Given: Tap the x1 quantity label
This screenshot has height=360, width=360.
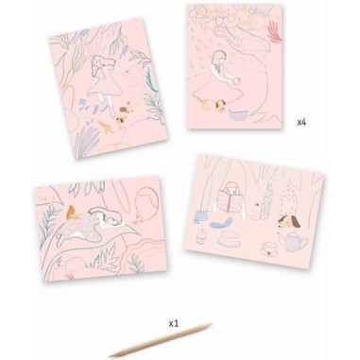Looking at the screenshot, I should point(174,323).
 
